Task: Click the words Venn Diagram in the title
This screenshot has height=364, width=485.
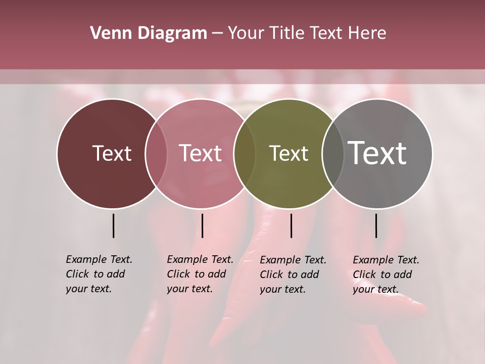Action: point(149,33)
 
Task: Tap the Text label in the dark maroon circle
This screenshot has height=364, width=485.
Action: point(112,153)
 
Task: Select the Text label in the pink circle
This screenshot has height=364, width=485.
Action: point(201,153)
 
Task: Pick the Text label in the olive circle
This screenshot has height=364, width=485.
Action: point(288,153)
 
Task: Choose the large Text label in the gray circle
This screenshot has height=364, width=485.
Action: point(377,153)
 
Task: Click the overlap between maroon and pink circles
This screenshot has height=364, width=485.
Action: point(156,153)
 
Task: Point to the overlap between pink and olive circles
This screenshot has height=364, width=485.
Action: point(245,153)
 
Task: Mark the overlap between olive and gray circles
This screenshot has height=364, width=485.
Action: point(331,153)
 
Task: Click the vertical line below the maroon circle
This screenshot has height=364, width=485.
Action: point(113,225)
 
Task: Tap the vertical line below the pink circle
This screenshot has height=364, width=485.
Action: point(202,225)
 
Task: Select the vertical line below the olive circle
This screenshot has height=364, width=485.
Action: point(291,225)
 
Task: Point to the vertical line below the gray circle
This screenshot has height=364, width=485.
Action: point(376,225)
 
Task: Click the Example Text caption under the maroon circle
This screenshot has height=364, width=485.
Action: point(99,274)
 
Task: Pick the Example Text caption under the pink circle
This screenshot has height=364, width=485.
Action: point(200,274)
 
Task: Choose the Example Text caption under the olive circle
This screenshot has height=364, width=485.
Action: point(293,275)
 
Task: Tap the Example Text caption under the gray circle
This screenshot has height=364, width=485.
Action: point(385,275)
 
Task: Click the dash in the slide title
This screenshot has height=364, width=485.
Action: point(217,33)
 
